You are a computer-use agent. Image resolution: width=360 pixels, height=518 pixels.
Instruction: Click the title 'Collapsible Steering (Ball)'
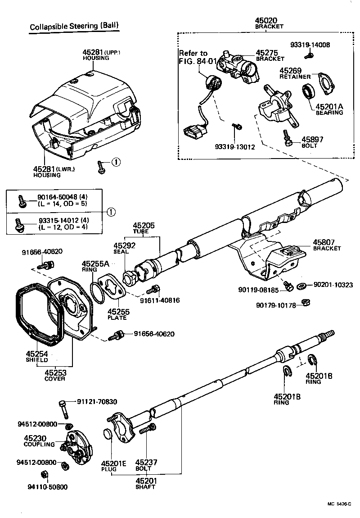click(74, 27)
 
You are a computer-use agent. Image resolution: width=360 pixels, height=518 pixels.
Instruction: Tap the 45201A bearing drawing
click(308, 91)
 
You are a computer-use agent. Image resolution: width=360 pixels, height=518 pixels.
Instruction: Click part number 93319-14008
click(310, 45)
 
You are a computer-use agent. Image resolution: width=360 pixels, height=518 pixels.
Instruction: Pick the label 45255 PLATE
click(117, 314)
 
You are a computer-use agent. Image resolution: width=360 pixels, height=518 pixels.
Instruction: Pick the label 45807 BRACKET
click(327, 245)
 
